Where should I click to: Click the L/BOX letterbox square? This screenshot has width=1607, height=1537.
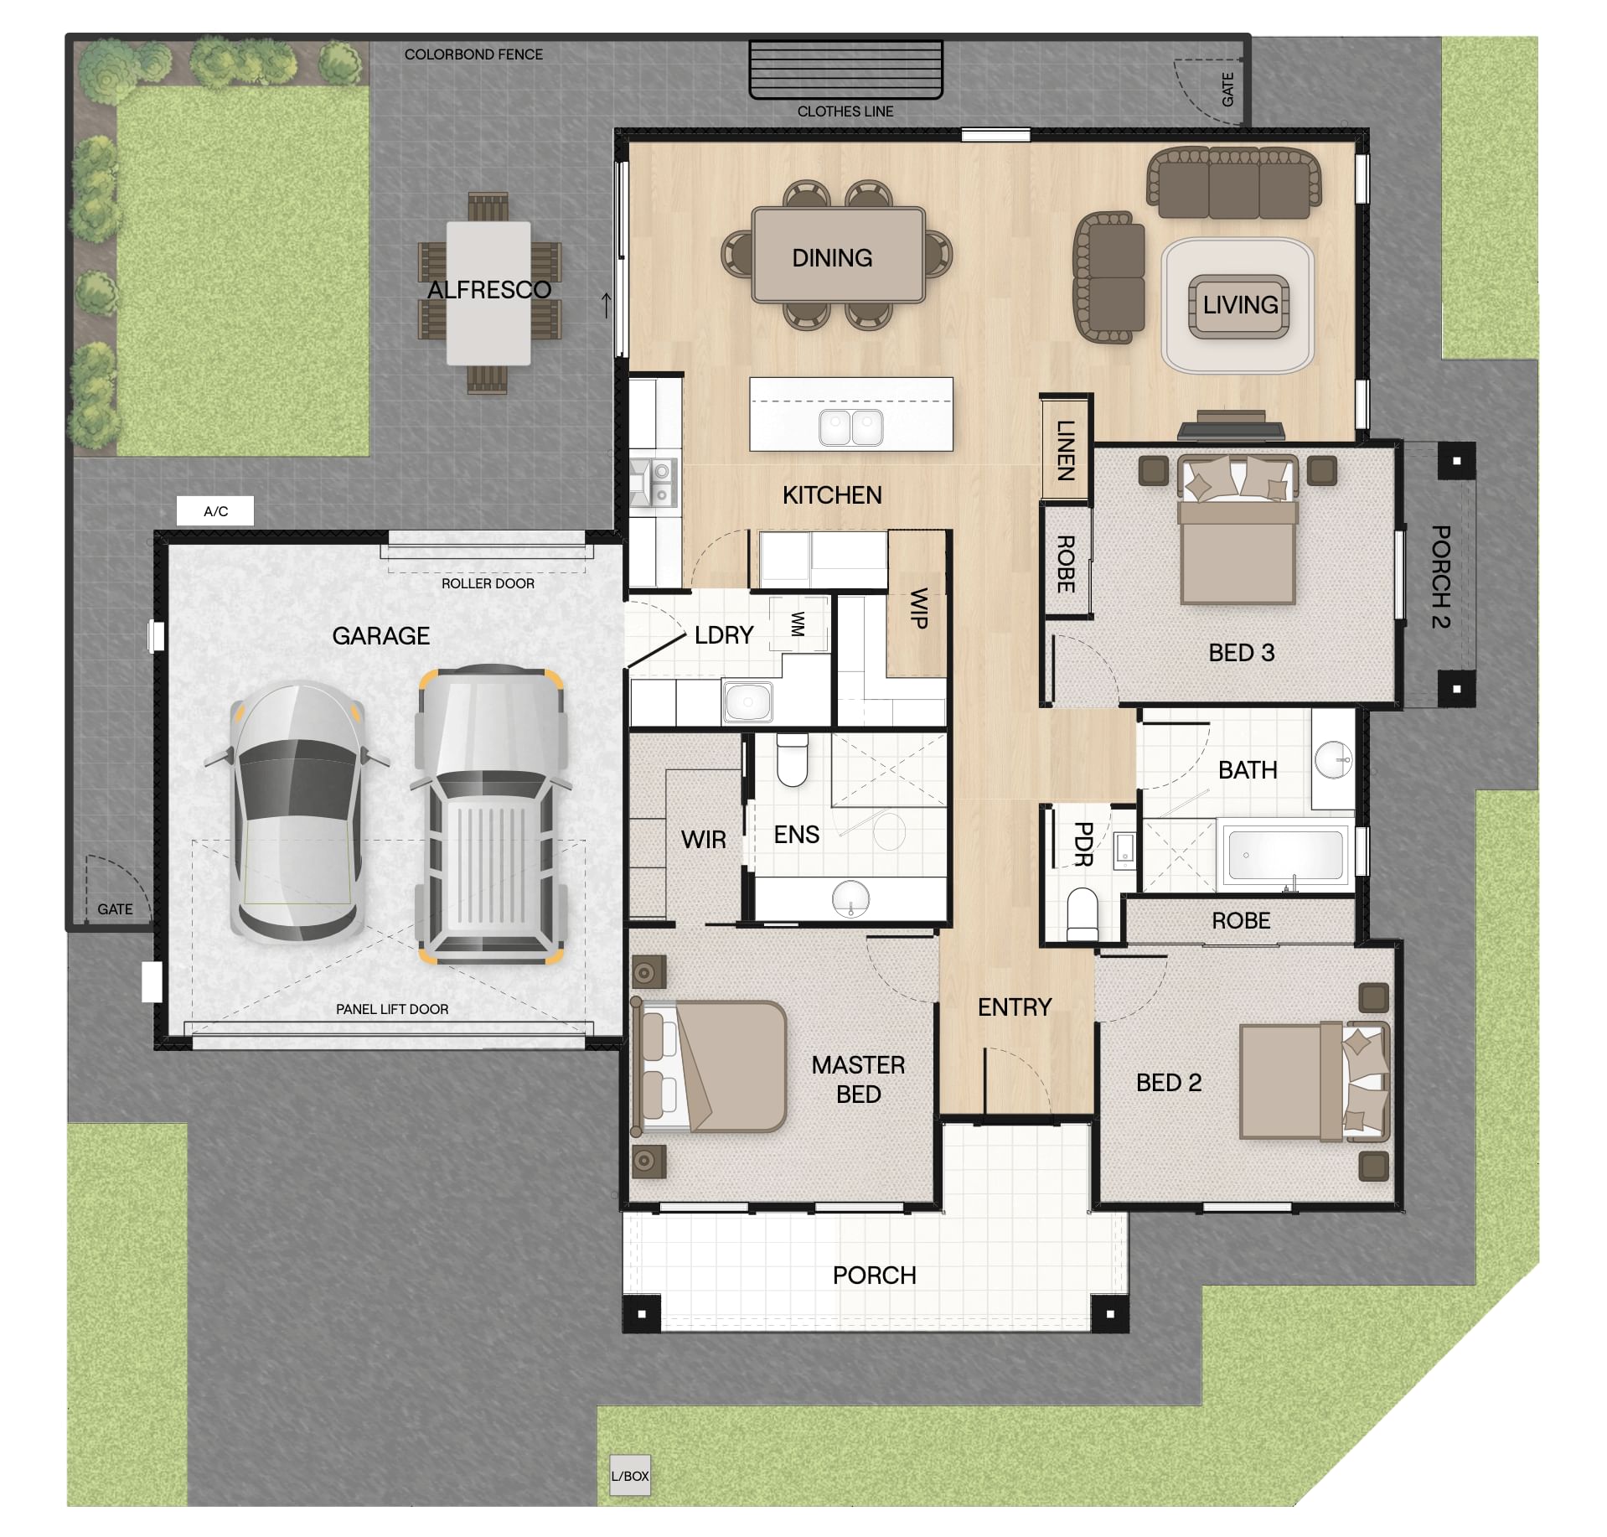point(629,1476)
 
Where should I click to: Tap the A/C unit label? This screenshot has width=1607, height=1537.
point(215,511)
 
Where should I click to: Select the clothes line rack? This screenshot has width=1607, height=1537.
point(846,70)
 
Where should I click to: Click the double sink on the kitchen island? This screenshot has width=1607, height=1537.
point(850,427)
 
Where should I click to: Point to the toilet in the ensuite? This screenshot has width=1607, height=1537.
point(792,759)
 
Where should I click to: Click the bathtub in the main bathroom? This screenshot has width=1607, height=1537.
point(1284,855)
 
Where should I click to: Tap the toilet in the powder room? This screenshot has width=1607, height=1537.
point(1083,915)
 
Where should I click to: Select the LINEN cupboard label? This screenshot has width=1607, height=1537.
point(1065,450)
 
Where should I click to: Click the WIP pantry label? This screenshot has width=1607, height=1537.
point(918,608)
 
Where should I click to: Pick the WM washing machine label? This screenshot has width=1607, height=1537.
point(798,624)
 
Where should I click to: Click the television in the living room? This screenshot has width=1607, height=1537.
point(1231,426)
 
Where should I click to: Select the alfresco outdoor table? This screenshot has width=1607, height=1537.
point(488,292)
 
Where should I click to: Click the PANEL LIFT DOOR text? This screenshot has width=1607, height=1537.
point(392,1009)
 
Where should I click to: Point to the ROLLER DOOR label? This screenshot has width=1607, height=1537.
point(488,583)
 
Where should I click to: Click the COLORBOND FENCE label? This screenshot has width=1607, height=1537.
point(473,54)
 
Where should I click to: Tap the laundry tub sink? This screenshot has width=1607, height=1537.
point(747,701)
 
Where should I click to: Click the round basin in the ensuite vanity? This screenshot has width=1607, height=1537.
point(851,898)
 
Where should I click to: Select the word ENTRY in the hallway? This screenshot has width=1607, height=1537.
point(1015,1007)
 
